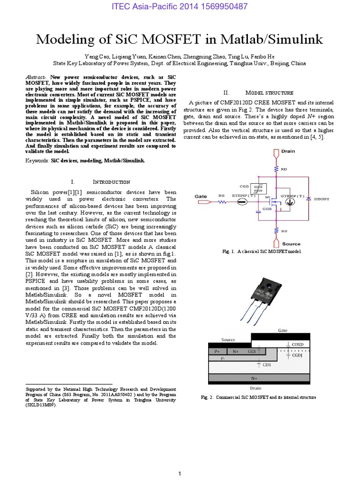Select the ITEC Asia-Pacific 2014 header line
(180, 7)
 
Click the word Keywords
(37, 161)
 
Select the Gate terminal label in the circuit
(201, 196)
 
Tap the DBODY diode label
(321, 199)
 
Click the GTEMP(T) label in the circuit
(292, 195)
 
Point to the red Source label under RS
(291, 244)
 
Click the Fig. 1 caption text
(261, 252)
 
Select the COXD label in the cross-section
(298, 345)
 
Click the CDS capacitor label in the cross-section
(266, 364)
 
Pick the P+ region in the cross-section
(217, 351)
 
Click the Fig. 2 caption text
(258, 397)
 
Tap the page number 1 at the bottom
(180, 474)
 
